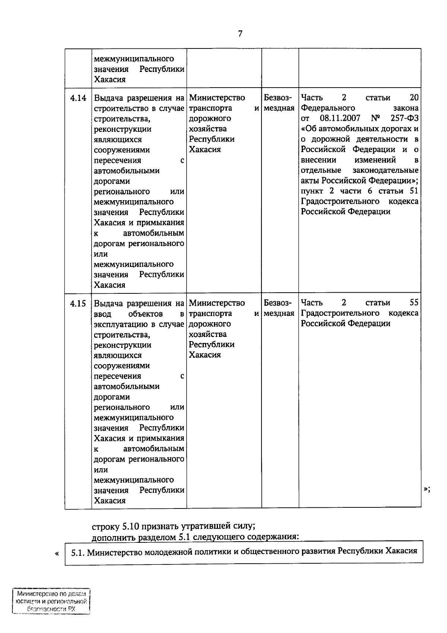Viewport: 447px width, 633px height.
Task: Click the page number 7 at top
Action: (240, 34)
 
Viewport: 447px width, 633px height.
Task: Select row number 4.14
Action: (78, 98)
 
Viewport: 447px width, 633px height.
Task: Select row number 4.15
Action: (78, 303)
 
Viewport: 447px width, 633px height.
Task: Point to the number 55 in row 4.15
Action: (413, 303)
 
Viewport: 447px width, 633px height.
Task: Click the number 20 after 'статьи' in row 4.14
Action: (414, 98)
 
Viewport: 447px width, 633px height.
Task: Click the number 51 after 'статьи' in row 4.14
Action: (413, 191)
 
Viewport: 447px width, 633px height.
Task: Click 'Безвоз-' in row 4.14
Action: (278, 98)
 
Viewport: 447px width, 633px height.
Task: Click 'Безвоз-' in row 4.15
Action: (278, 303)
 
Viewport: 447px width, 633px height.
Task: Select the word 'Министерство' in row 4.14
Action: (217, 98)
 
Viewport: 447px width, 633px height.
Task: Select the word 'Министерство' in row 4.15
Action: (217, 303)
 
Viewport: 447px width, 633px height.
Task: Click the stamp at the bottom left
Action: (51, 601)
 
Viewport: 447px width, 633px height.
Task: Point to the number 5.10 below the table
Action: (130, 527)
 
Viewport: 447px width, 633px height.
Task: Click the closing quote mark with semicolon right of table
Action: (427, 489)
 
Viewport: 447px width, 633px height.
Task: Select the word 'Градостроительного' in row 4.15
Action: (340, 314)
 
